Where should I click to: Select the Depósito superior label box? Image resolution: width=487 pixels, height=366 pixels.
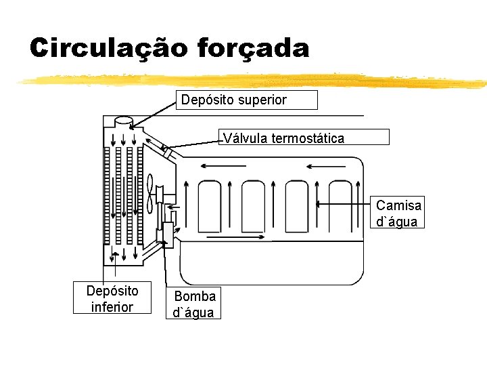click(x=246, y=100)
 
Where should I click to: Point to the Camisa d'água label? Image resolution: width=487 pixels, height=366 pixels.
click(x=398, y=213)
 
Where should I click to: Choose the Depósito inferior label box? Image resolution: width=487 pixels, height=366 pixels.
click(x=112, y=299)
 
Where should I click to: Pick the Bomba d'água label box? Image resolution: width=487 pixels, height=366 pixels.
click(x=194, y=304)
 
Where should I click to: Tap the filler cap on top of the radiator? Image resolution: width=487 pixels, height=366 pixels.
click(x=124, y=121)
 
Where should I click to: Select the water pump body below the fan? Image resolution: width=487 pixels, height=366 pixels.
click(x=168, y=234)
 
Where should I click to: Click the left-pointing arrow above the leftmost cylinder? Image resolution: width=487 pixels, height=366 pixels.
click(x=214, y=165)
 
